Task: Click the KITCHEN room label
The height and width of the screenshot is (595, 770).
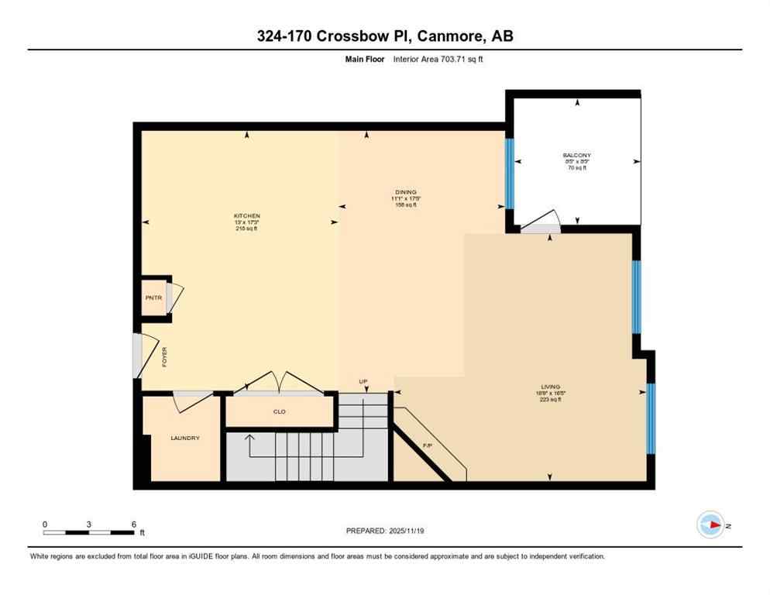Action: point(247,215)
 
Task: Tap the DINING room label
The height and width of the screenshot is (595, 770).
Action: point(405,192)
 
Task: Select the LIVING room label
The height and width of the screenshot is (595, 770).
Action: point(550,387)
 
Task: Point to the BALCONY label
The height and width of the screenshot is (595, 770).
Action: point(577,155)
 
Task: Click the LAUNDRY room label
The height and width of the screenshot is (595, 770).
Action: point(185,439)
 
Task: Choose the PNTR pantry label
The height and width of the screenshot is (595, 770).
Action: point(152,297)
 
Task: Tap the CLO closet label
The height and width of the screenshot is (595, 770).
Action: point(279,411)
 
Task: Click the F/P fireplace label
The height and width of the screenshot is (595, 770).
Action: point(427,445)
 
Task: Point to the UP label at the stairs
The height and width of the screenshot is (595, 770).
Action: point(363,381)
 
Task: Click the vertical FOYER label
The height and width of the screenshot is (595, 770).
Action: point(164,356)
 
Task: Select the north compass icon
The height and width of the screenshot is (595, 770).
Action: point(710,525)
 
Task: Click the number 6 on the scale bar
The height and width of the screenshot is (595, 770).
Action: point(133,524)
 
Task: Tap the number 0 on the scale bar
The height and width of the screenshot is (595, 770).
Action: point(45,524)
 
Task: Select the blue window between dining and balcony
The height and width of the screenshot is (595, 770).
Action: point(510,174)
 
